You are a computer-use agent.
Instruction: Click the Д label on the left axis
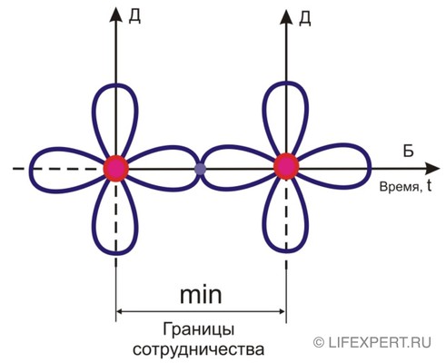[x=134, y=16]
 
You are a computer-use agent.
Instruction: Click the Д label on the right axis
[x=304, y=19]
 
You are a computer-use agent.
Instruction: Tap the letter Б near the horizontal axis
[x=408, y=151]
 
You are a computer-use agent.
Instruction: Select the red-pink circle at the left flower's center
[x=116, y=169]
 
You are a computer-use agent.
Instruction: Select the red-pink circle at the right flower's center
[x=286, y=166]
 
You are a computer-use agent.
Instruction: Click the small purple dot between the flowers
[x=200, y=169]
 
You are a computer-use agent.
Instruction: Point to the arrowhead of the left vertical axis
[x=115, y=15]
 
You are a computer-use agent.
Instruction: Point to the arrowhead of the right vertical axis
[x=286, y=16]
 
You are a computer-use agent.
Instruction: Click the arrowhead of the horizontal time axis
[x=432, y=168]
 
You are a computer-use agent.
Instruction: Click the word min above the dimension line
[x=201, y=295]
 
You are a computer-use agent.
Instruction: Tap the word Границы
[x=198, y=329]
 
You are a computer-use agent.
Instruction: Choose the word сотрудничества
[x=199, y=349]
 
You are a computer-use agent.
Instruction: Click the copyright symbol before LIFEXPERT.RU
[x=319, y=342]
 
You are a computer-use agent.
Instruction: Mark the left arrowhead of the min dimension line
[x=120, y=311]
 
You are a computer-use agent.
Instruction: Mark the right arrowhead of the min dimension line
[x=282, y=311]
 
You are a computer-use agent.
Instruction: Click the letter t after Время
[x=429, y=187]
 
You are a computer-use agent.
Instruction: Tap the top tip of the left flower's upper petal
[x=115, y=84]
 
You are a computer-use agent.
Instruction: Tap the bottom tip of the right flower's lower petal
[x=286, y=250]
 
